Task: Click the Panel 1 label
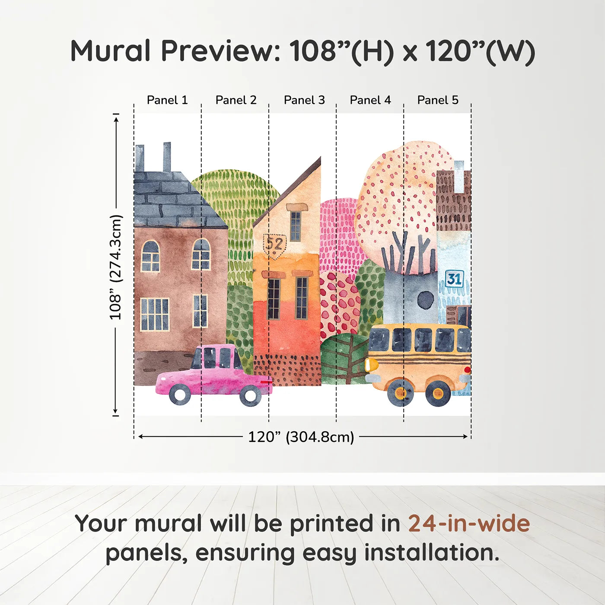[167, 100]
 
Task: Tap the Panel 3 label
[304, 100]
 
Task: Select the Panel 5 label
[438, 100]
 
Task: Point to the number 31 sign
[454, 279]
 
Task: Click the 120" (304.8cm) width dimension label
[301, 437]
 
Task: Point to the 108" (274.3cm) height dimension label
[116, 267]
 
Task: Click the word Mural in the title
[110, 51]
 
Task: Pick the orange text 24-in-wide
[469, 524]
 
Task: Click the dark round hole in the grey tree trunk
[426, 299]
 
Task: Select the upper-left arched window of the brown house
[150, 256]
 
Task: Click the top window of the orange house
[296, 226]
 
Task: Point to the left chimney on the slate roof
[140, 158]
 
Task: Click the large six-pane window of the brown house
[154, 314]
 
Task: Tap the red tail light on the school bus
[467, 370]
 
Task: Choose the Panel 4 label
[370, 100]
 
